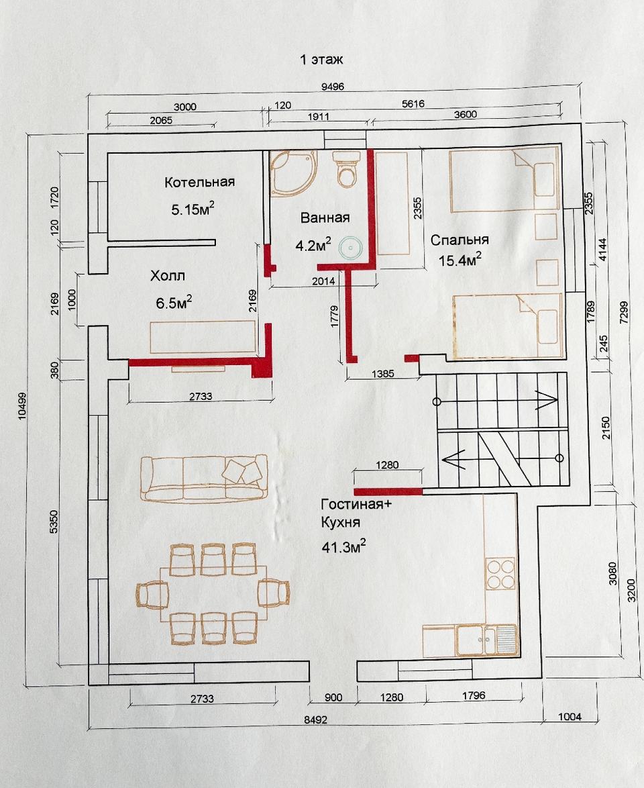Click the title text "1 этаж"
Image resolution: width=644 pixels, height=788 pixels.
tap(321, 59)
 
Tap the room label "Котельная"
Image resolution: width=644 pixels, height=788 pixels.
tap(199, 181)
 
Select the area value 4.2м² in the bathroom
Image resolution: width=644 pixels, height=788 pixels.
tap(313, 245)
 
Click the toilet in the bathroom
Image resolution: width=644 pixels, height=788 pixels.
tap(347, 168)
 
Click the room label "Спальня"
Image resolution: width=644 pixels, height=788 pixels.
tap(459, 240)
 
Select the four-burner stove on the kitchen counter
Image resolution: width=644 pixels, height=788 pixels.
tap(500, 573)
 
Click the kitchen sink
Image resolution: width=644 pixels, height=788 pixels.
tap(486, 640)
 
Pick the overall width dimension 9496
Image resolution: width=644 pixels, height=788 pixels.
tap(333, 87)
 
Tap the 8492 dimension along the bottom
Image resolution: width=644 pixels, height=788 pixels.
tap(315, 720)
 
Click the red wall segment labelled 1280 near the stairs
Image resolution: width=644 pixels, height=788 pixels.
tap(388, 491)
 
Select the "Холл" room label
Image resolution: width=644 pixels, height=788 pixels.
tap(167, 276)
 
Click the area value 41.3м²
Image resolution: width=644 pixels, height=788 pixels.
tap(343, 546)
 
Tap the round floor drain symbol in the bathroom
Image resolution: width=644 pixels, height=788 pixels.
tap(350, 248)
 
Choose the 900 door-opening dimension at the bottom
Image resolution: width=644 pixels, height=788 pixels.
tap(333, 697)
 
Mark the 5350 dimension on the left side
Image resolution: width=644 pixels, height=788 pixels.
tap(54, 522)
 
